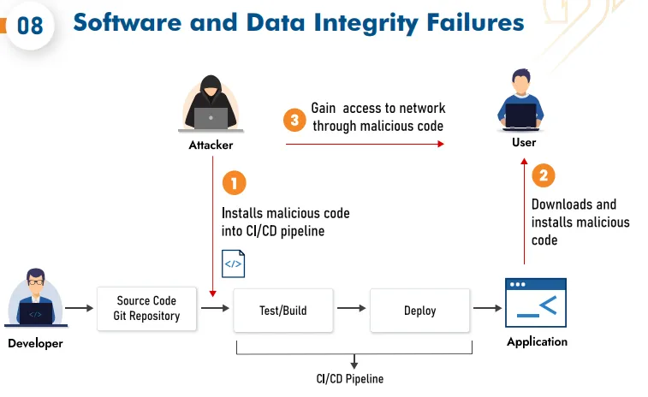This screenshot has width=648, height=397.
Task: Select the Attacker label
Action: (211, 145)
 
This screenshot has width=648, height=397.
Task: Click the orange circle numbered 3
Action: (294, 120)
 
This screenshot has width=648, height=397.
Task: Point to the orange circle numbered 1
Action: (234, 182)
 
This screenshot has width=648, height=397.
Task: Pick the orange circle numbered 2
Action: (544, 176)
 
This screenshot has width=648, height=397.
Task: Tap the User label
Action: (524, 142)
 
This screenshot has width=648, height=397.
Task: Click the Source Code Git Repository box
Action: (146, 308)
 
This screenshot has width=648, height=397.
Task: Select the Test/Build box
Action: (282, 311)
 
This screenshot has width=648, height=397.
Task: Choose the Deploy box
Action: (419, 311)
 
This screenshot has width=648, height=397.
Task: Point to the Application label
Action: (537, 342)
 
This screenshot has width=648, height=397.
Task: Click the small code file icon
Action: (233, 264)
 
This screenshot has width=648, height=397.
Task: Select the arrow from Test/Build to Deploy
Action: (350, 309)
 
